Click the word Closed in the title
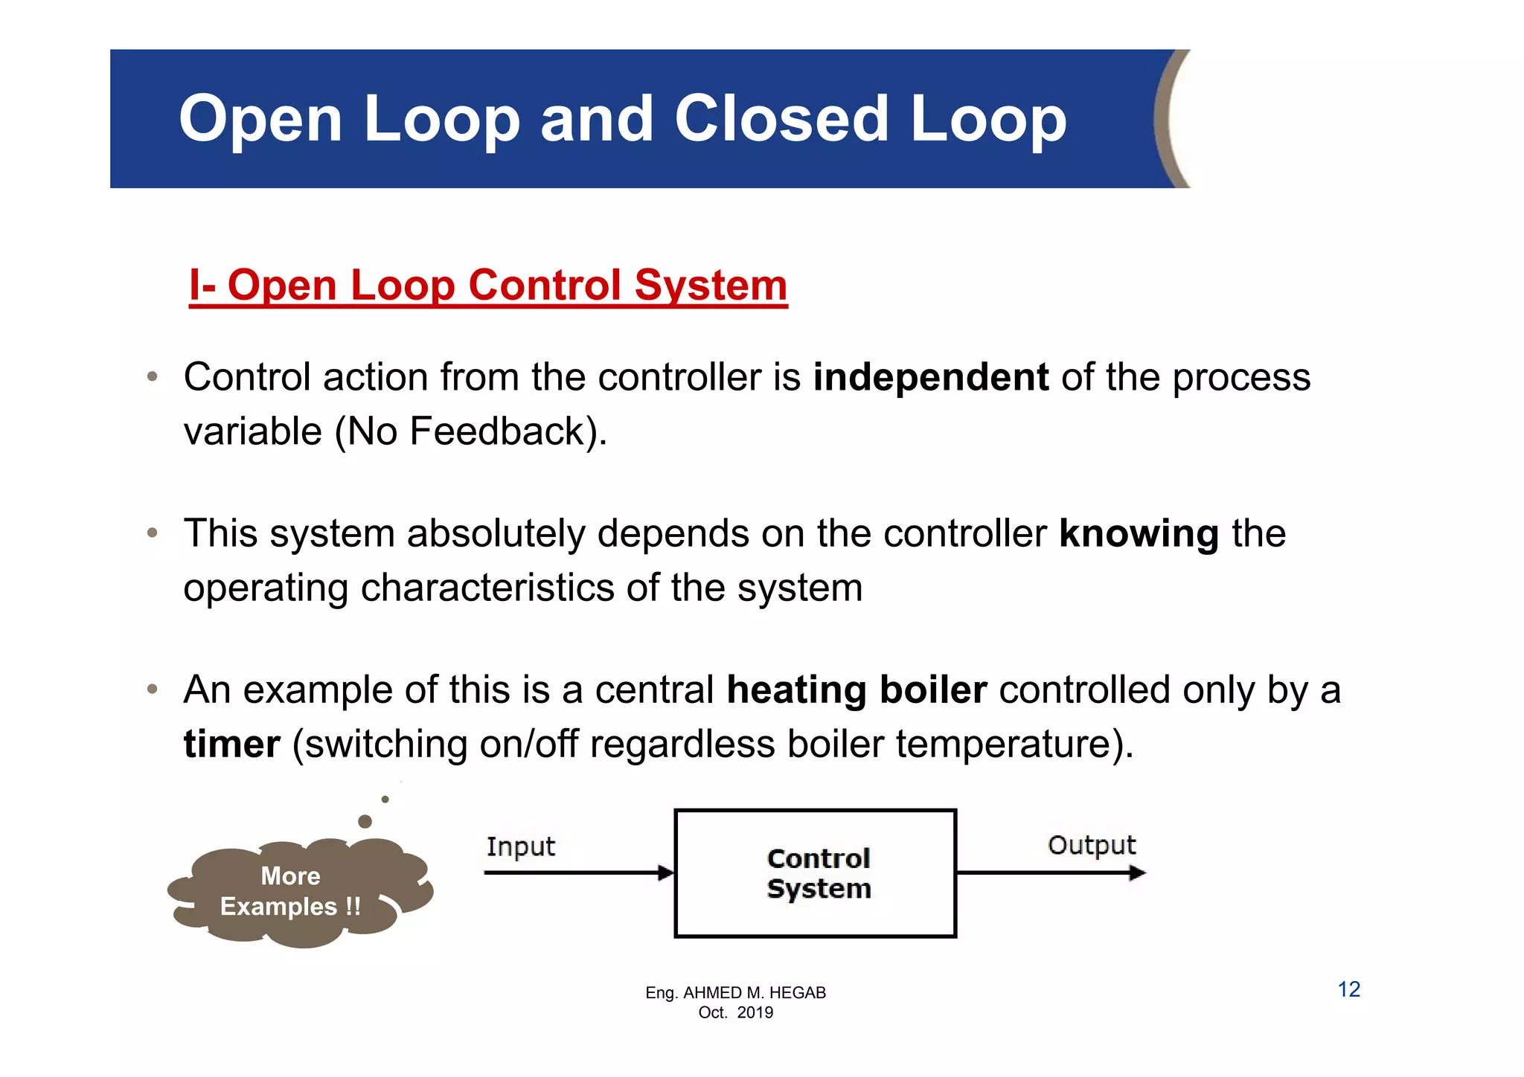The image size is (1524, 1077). [781, 119]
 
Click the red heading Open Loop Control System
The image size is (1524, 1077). [488, 286]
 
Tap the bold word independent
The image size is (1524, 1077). [931, 377]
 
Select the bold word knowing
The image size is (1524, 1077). [1139, 534]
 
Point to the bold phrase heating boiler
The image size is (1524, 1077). [857, 690]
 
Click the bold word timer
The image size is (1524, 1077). [232, 745]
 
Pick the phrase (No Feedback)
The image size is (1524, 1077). [470, 431]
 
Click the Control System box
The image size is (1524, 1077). [816, 873]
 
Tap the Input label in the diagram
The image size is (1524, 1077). [520, 846]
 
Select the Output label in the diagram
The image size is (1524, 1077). [1092, 845]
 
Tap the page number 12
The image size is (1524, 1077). [1348, 989]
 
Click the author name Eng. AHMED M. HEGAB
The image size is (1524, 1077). [735, 992]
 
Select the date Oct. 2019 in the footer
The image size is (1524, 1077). [735, 1012]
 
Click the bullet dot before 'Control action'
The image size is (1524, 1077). [153, 376]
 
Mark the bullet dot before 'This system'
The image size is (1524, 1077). [153, 533]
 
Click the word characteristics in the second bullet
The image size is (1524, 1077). [487, 588]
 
